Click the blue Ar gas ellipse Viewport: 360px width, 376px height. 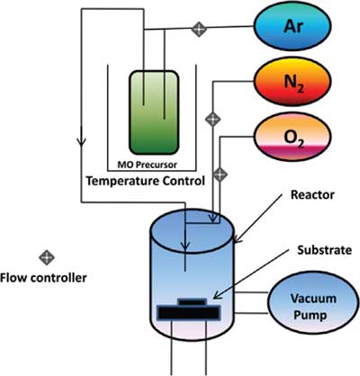292,26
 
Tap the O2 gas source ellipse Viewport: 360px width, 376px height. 292,137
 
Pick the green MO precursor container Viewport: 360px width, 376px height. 154,112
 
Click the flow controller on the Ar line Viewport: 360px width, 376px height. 199,29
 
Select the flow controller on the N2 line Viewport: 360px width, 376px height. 212,120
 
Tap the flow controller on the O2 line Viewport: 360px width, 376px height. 220,175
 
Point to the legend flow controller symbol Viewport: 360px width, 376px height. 47,257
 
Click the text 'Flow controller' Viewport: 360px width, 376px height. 43,278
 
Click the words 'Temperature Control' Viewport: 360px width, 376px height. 146,181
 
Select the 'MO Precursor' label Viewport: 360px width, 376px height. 147,165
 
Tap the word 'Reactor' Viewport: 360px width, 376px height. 312,195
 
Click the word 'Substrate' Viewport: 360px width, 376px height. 324,250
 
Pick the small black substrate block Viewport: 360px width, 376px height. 192,302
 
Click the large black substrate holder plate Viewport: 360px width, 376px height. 189,312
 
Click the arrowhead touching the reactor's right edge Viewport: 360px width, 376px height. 237,238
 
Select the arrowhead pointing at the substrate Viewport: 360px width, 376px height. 218,295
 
